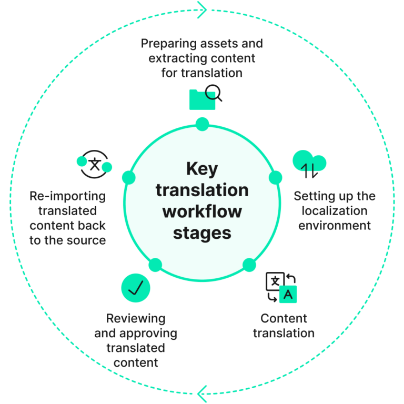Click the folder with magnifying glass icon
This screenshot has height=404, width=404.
[x=205, y=98]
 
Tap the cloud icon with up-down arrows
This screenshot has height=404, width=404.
[x=309, y=164]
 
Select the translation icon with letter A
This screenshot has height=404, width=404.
[x=281, y=287]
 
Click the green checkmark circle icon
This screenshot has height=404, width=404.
[x=136, y=287]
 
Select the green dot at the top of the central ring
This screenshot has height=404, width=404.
[x=202, y=124]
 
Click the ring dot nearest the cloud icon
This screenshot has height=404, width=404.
[x=275, y=178]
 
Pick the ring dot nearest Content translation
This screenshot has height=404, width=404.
[x=249, y=264]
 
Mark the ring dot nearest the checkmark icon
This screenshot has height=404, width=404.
[x=155, y=265]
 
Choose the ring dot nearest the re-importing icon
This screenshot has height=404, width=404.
[x=129, y=177]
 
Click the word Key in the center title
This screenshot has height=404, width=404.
[x=202, y=169]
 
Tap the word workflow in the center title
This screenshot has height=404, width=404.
[x=202, y=211]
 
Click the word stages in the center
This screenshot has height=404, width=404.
[x=202, y=232]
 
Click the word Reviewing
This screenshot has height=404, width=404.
[x=136, y=318]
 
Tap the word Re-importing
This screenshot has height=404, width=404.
[x=68, y=196]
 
